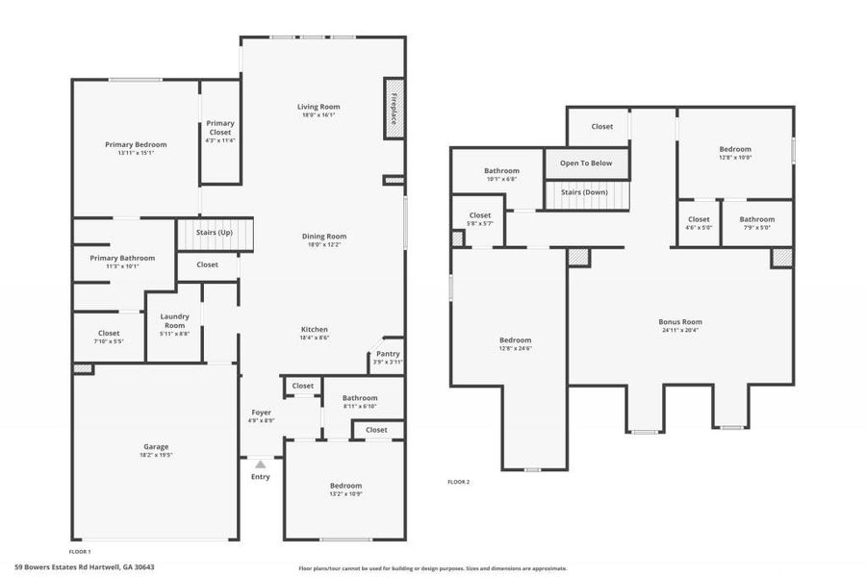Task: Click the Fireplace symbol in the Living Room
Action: pos(393,108)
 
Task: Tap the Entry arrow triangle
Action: pos(260,464)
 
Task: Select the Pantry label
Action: pos(388,354)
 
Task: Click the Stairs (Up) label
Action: pos(215,233)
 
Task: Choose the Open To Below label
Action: pos(586,163)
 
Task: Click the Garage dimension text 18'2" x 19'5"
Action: pos(156,455)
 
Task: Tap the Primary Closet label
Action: pos(219,123)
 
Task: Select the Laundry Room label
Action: pos(174,320)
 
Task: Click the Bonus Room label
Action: pos(680,322)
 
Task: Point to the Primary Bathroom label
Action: pos(122,258)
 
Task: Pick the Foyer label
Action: pos(261,412)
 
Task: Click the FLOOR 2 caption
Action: pos(459,482)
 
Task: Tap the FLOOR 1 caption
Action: pos(81,551)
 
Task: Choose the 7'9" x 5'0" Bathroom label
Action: pos(756,219)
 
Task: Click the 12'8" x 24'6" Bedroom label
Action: pos(514,340)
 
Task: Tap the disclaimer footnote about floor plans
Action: pos(433,568)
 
